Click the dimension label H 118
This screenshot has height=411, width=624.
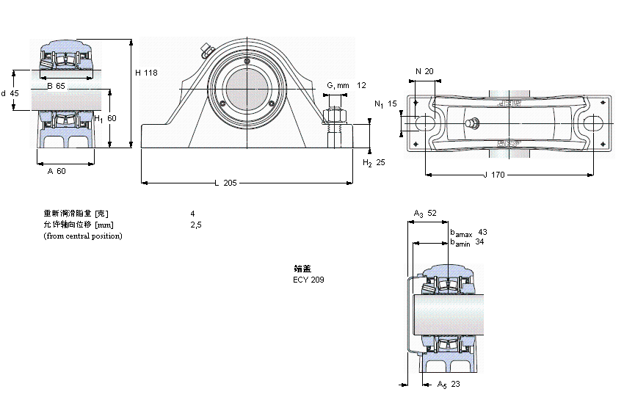click(146, 73)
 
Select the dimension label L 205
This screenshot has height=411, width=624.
click(225, 183)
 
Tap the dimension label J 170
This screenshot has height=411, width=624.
click(496, 175)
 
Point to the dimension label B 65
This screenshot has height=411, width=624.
click(56, 87)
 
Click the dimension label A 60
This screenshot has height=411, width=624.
click(57, 171)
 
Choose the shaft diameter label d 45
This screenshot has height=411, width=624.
click(10, 93)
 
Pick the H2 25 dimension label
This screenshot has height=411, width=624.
click(374, 162)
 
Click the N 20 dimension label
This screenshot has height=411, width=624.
click(424, 71)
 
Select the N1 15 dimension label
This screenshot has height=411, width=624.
click(385, 104)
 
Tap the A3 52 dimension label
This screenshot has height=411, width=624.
click(425, 214)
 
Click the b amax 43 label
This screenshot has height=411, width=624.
click(468, 232)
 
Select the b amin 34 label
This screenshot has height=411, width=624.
click(467, 241)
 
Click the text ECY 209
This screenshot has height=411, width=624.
click(308, 280)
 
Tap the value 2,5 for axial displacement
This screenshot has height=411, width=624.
click(195, 225)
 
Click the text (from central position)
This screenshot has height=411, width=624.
click(83, 236)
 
